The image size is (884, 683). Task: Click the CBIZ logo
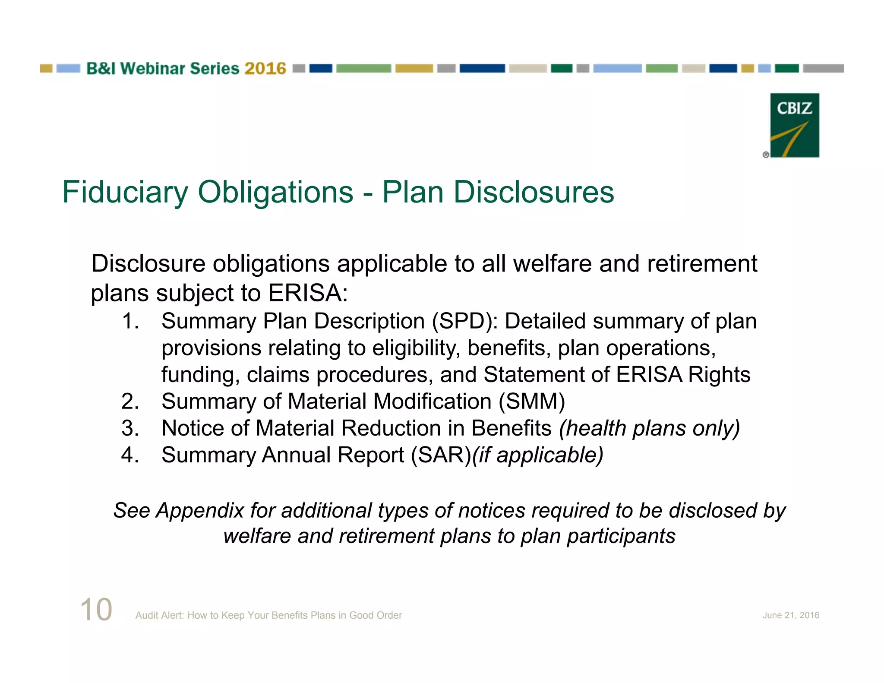point(794,125)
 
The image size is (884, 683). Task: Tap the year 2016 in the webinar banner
point(265,69)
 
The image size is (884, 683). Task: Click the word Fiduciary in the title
point(125,192)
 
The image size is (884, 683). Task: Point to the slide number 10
point(96,610)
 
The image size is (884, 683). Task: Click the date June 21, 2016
point(790,615)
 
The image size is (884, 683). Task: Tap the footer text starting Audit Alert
point(268,615)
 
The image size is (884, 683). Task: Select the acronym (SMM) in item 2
point(531,402)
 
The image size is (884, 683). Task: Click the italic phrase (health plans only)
point(649,428)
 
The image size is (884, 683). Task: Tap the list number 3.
point(129,428)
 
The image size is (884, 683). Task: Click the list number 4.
point(129,455)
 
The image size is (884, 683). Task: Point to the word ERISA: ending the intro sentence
point(308,293)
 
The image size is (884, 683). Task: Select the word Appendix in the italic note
point(200,511)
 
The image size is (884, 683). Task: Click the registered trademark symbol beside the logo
point(766,155)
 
